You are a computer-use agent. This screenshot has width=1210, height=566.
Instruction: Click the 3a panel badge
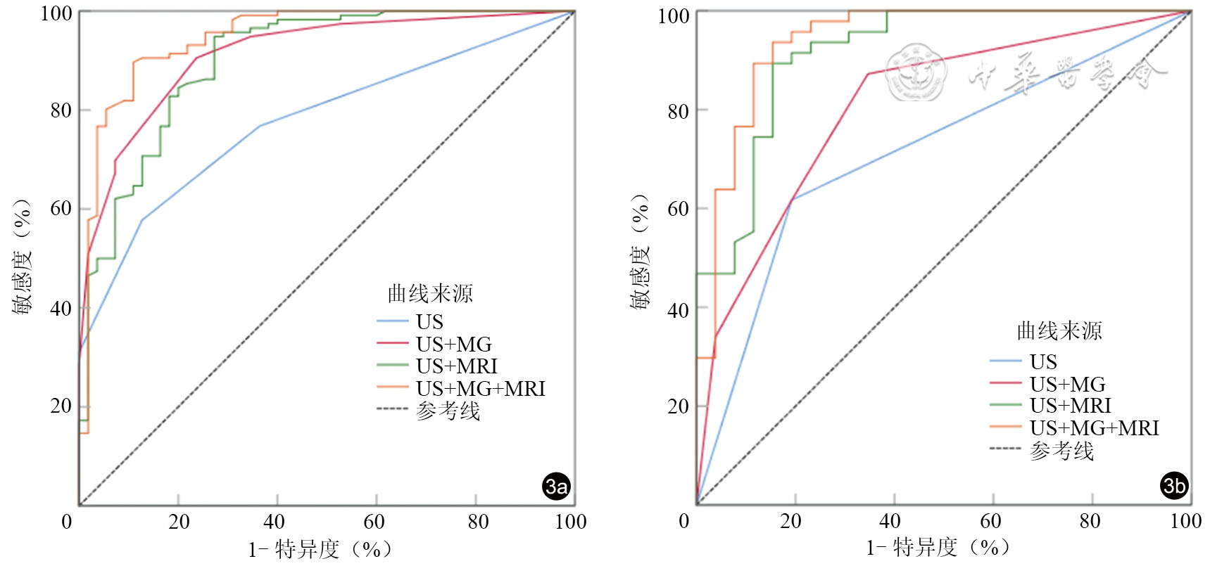coord(557,486)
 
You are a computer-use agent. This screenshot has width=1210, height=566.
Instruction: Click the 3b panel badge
coord(1174,485)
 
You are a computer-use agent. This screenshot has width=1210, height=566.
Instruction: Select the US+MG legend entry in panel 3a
coord(453,344)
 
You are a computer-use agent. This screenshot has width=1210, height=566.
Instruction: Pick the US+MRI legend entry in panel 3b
coord(1070,406)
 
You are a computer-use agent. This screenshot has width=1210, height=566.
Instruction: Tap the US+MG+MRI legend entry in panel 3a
coord(480,388)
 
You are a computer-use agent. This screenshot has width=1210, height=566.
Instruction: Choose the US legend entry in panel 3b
coord(1042,361)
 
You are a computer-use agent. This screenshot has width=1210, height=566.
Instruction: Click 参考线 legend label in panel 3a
coord(448,411)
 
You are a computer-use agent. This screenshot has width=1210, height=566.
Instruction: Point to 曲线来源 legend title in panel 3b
coord(1059,330)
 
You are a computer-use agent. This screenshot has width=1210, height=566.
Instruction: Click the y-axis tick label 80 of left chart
coord(61,110)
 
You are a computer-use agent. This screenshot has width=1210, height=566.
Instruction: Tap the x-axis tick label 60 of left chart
coord(374,522)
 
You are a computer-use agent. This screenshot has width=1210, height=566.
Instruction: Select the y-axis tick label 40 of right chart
coord(678,309)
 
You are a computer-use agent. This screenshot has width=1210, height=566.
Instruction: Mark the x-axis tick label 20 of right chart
coord(790,521)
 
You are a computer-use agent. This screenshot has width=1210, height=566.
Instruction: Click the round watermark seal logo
coord(916,72)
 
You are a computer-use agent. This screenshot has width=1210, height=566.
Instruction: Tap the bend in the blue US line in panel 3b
coord(793,200)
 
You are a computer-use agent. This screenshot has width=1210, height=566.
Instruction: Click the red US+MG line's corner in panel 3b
coord(868,74)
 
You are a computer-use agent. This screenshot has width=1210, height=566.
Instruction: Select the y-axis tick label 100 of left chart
coord(56,13)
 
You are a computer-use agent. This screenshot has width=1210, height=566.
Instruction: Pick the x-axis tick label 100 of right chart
coord(1185,521)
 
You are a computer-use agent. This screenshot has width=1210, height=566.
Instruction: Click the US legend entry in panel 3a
coord(429,321)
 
